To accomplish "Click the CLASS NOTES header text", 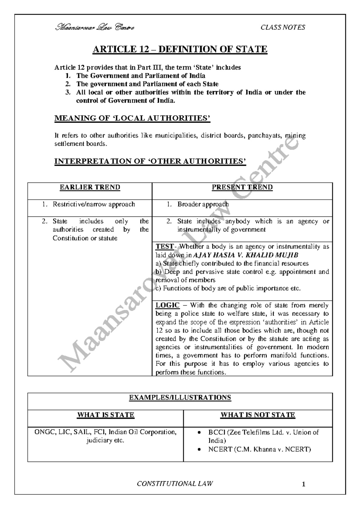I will pyautogui.click(x=283, y=28).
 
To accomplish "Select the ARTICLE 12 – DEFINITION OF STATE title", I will pyautogui.click(x=180, y=49).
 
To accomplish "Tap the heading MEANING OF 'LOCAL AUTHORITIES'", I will pyautogui.click(x=132, y=118).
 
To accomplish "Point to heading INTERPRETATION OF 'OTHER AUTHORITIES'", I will pyautogui.click(x=150, y=161).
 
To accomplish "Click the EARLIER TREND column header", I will pyautogui.click(x=90, y=187).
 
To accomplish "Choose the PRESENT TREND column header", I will pyautogui.click(x=242, y=187).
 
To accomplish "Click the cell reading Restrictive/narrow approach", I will pyautogui.click(x=94, y=204).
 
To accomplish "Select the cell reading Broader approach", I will pyautogui.click(x=203, y=204).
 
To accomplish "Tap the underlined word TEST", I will pyautogui.click(x=164, y=247).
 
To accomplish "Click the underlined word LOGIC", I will pyautogui.click(x=167, y=305).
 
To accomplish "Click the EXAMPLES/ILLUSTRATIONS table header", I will pyautogui.click(x=180, y=397).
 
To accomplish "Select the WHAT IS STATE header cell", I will pyautogui.click(x=105, y=415).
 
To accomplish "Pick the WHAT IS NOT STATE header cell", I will pyautogui.click(x=258, y=415).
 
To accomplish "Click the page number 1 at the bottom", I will pyautogui.click(x=304, y=484).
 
